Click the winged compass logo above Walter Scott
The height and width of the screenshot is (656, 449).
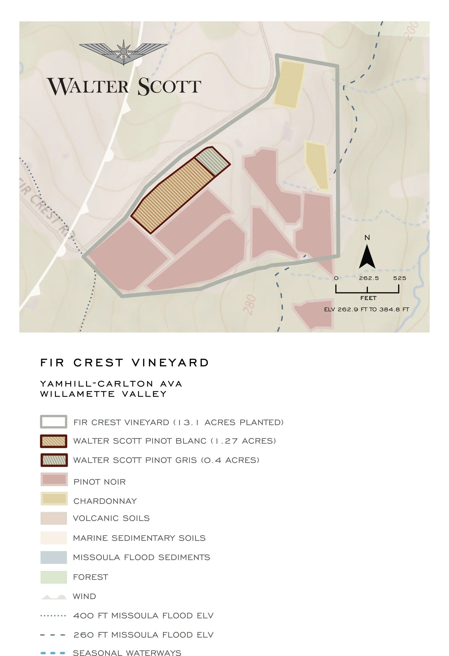point(123,52)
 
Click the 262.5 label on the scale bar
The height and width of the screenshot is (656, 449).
point(369,278)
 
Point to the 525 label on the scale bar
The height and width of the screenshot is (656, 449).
point(399,278)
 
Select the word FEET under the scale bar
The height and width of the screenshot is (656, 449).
point(368,298)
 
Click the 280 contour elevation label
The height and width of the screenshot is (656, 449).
point(250,305)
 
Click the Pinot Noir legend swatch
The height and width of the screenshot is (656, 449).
point(54,479)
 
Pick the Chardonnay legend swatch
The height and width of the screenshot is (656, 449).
point(54,498)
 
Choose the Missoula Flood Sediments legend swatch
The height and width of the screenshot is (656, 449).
point(54,557)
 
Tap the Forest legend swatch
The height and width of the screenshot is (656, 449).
point(54,577)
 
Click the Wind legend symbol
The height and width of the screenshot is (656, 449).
point(54,597)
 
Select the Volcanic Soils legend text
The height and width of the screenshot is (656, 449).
point(111,518)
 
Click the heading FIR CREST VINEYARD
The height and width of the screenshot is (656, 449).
point(124,363)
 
